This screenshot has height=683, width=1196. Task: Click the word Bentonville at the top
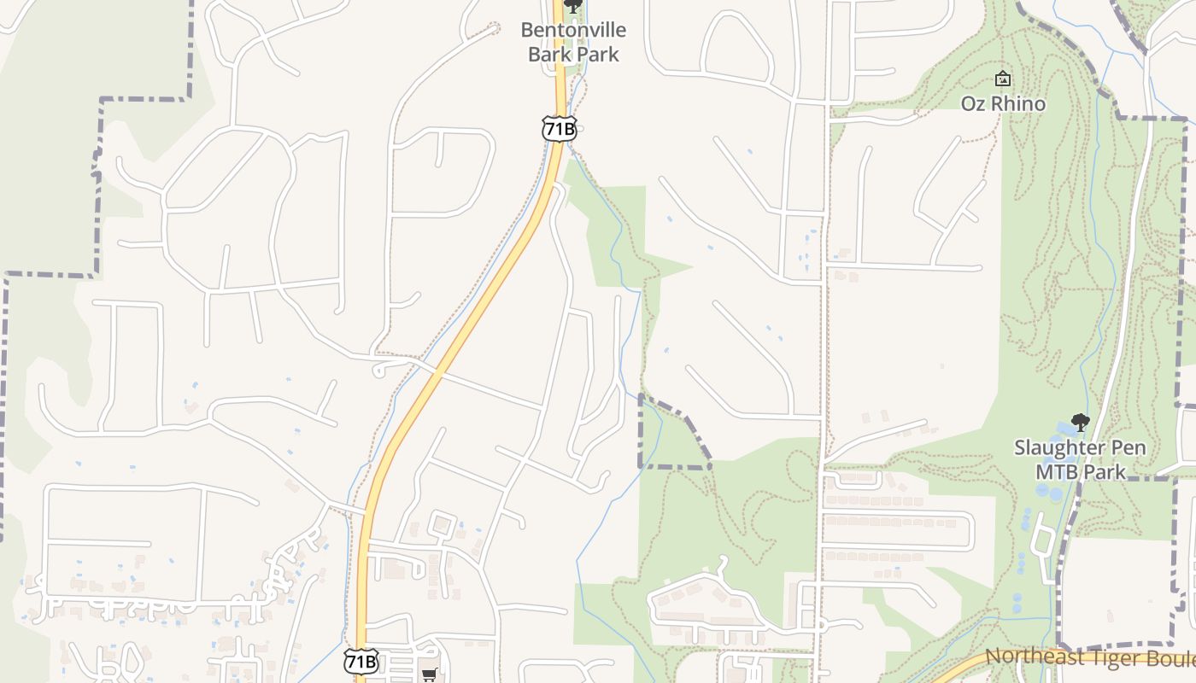pos(573,31)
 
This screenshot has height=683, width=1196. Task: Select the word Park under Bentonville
pos(597,55)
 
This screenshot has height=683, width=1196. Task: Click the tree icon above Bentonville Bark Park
pos(573,6)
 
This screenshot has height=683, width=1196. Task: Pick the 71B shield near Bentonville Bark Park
pos(559,129)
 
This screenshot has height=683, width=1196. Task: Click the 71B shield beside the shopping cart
pos(361,661)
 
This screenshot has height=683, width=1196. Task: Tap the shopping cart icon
pos(429,674)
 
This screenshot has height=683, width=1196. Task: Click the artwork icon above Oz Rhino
pos(1003,79)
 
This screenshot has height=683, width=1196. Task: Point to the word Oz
pos(973,104)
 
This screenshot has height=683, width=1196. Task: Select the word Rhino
pos(1016,104)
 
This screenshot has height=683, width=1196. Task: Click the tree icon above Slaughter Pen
pos(1080,422)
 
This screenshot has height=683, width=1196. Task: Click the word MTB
pos(1058,472)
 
